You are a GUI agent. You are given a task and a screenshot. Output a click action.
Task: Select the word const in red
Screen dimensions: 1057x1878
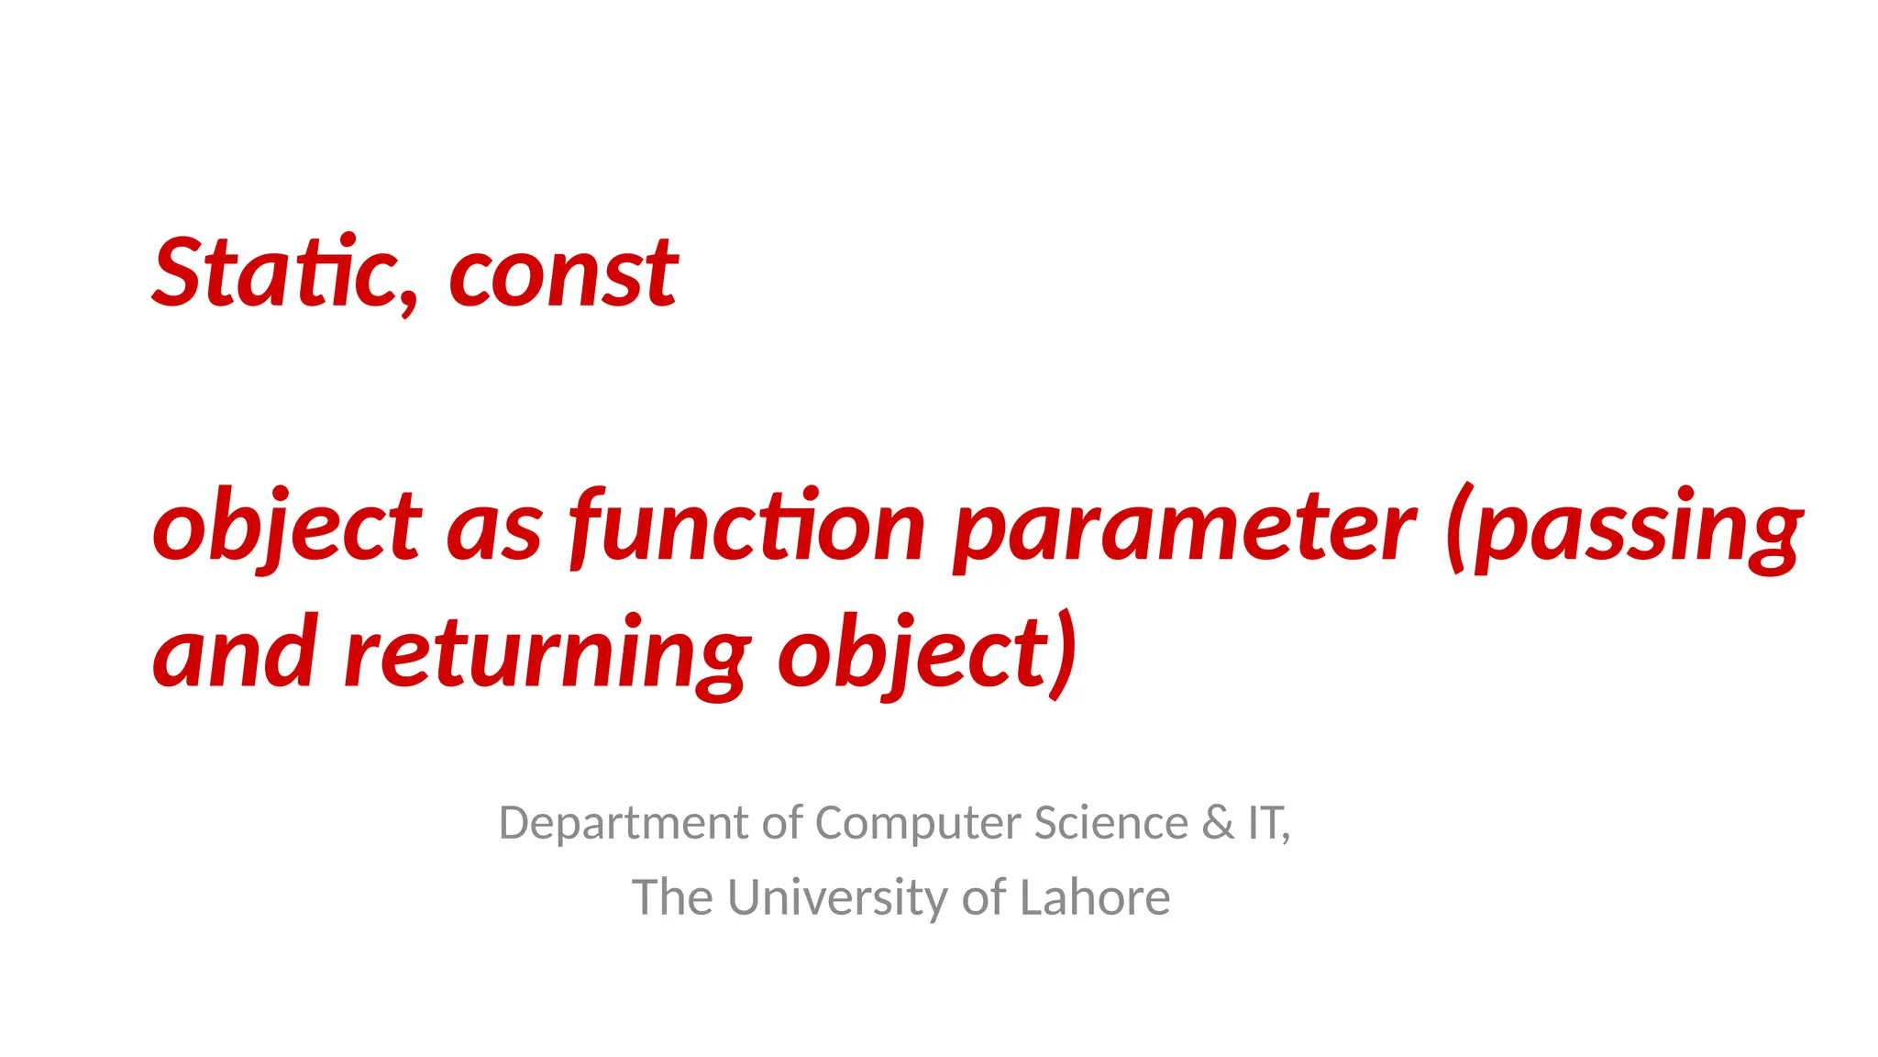[x=563, y=274]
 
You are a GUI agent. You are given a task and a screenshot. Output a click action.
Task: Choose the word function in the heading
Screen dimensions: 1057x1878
[x=747, y=527]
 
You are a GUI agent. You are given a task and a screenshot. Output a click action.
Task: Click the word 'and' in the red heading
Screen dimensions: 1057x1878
[x=236, y=653]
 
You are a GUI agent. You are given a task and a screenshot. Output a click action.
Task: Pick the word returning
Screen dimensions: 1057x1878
[x=547, y=653]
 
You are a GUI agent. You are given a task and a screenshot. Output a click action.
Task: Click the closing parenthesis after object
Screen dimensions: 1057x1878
[x=1064, y=653]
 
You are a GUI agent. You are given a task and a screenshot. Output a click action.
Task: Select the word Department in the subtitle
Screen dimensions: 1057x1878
[x=624, y=823]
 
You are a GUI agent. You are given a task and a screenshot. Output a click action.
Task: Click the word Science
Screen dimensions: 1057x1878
[x=1110, y=823]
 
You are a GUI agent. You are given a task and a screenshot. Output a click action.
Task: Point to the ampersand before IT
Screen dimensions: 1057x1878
[x=1218, y=823]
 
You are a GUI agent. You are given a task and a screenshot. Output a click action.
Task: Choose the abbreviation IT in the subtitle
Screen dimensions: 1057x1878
[x=1266, y=823]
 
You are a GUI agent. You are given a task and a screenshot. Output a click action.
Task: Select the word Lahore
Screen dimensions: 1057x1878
[x=1095, y=897]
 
